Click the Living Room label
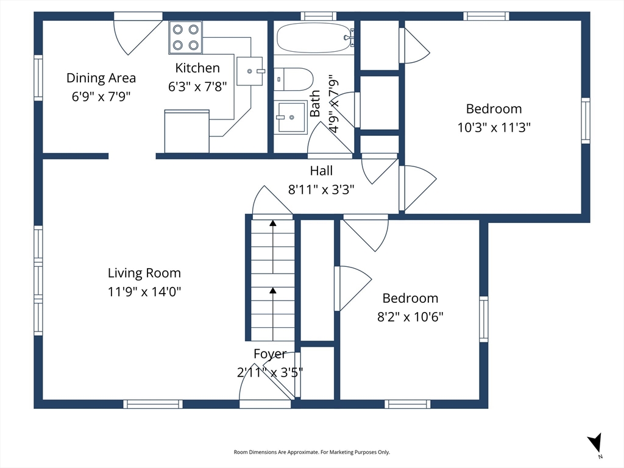(144, 273)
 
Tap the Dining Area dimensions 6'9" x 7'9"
(101, 96)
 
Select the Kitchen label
(197, 68)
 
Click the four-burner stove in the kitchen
(185, 37)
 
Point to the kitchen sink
(250, 71)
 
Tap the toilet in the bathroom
(294, 79)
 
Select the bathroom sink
(291, 117)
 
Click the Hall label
(321, 171)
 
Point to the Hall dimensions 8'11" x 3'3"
(321, 190)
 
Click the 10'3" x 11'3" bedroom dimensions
(494, 127)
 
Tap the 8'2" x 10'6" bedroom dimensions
(410, 317)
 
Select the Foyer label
(270, 354)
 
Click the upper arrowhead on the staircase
(272, 223)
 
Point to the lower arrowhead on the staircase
(272, 291)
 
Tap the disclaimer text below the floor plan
(311, 452)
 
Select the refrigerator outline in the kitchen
(187, 131)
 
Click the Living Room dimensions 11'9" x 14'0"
(144, 292)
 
